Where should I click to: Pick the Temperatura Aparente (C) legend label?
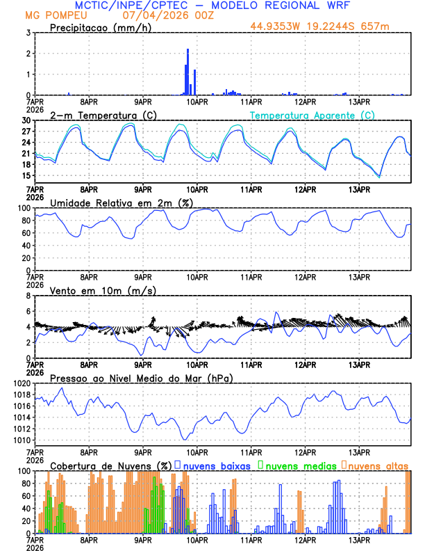(312, 115)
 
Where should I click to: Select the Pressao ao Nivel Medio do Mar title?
(141, 378)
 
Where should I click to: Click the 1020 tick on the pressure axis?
(19, 383)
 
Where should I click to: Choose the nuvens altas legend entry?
(378, 465)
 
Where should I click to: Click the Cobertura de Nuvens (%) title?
(110, 465)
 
